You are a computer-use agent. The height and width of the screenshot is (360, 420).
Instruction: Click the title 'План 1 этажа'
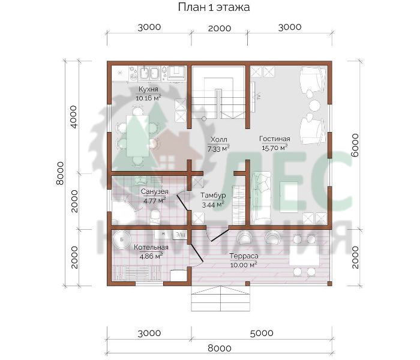pos(214,7)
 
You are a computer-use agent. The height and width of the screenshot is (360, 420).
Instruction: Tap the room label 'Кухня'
pos(148,89)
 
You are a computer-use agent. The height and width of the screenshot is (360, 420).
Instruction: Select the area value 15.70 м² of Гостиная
pos(275,148)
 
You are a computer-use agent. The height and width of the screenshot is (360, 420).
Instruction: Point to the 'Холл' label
pos(218,139)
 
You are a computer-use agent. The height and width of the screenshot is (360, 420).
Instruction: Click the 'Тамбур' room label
pos(213,195)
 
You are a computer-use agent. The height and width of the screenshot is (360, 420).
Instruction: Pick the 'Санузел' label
pos(155,191)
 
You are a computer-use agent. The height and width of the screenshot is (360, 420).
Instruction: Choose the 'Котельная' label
pos(151,247)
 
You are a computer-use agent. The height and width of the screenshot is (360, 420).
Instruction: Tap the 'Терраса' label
pos(244,256)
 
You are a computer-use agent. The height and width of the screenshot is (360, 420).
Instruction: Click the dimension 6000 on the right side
pos(355,145)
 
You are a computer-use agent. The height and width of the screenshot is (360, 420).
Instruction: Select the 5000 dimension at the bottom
pos(262,333)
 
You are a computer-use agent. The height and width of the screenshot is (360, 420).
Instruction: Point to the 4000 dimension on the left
pos(73,117)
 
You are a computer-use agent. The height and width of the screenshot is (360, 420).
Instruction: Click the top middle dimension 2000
pos(220,28)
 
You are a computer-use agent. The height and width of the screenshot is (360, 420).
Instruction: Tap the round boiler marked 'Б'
pos(122,239)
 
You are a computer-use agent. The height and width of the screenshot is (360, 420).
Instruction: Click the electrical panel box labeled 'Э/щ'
pos(180,235)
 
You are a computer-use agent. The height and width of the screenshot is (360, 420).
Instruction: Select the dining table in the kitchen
pos(137,136)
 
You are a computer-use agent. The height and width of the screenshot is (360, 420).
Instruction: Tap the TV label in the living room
pos(259,97)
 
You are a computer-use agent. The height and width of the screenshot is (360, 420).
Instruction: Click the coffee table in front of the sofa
pos(289,197)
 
